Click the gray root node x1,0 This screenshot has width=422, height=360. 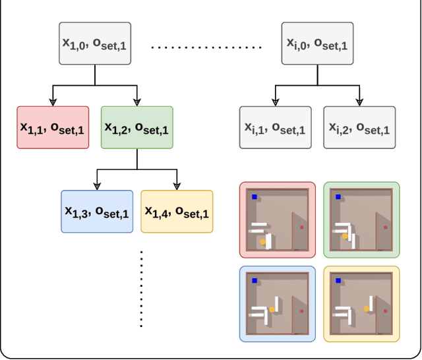click(95, 44)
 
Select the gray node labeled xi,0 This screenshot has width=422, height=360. click(317, 44)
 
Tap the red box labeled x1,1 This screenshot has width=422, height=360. click(53, 127)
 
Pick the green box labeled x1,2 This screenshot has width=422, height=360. click(137, 127)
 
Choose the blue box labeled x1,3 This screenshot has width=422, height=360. click(97, 212)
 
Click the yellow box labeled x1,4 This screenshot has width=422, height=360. click(177, 212)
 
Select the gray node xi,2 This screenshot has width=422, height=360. click(359, 127)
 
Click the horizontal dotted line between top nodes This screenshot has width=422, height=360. click(206, 47)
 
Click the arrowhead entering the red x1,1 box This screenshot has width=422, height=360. click(53, 102)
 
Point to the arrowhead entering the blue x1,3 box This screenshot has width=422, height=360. click(97, 187)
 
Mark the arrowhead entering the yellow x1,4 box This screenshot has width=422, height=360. click(177, 187)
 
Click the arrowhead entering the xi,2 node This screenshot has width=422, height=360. click(359, 102)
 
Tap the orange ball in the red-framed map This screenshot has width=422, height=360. click(262, 243)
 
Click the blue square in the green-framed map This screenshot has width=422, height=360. click(338, 196)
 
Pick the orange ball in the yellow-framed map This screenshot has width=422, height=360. click(366, 309)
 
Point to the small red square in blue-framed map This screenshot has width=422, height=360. click(302, 311)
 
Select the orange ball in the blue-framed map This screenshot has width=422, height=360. click(271, 309)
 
